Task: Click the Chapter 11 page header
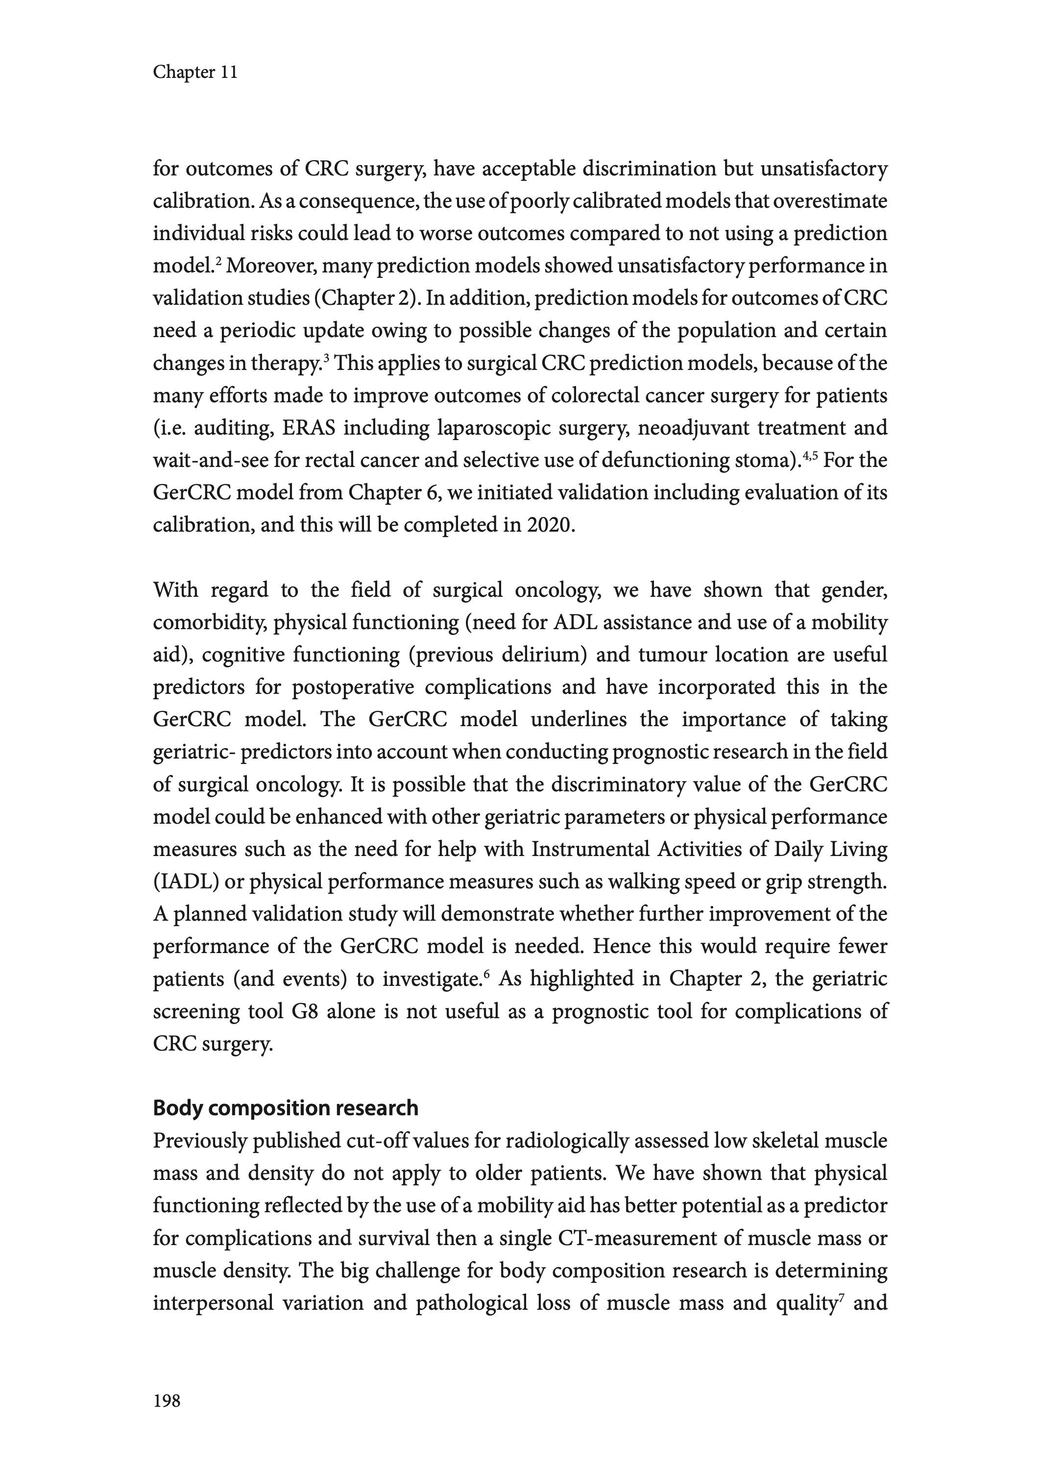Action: pos(195,73)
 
